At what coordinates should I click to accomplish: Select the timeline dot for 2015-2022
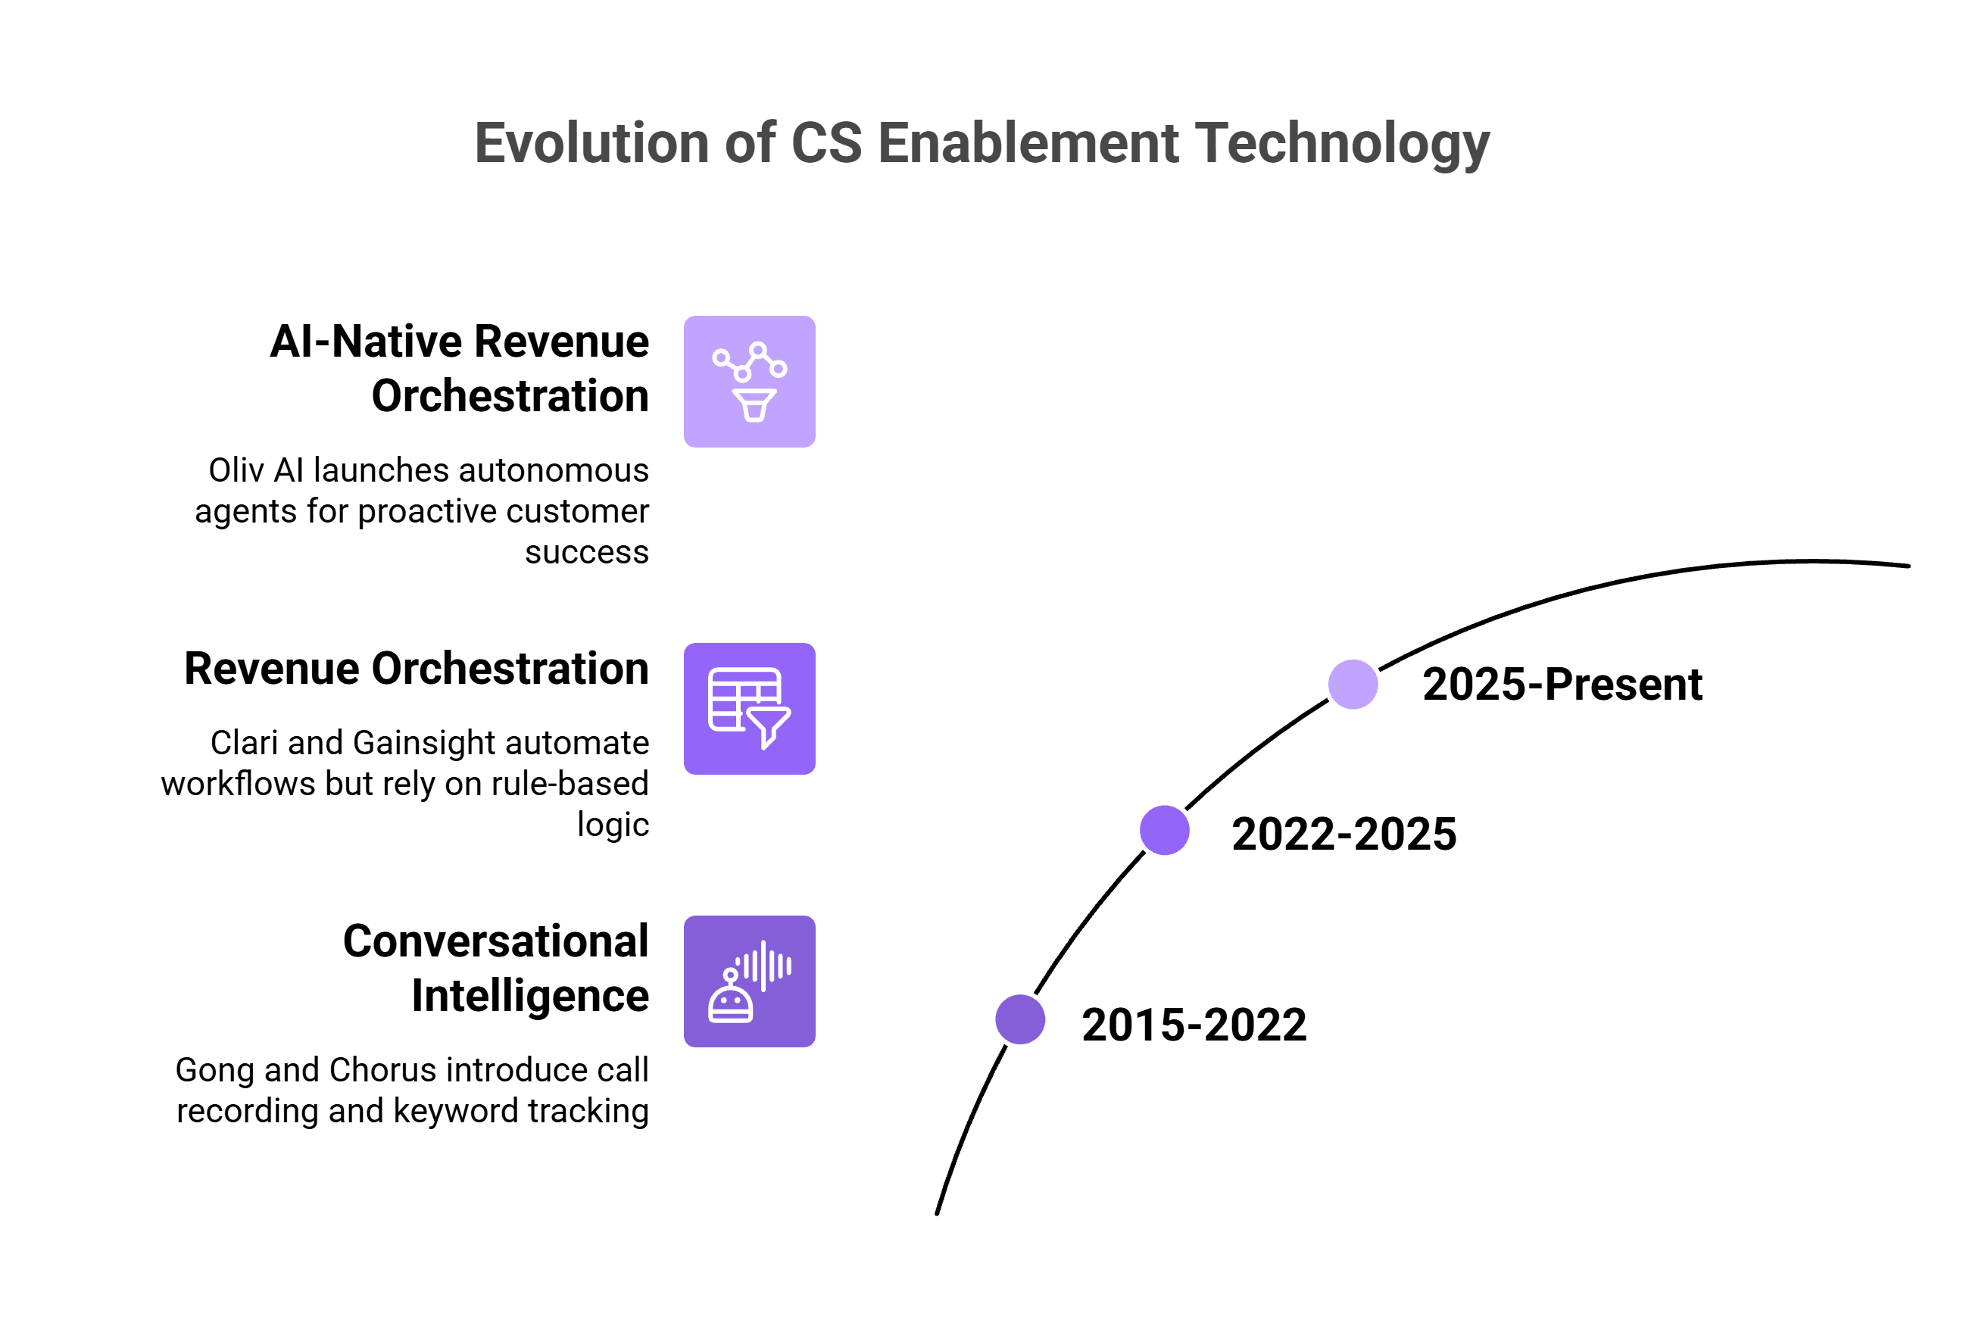tap(1020, 1019)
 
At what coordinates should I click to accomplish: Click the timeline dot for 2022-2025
tap(1164, 830)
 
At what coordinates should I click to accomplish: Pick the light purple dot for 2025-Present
tap(1353, 685)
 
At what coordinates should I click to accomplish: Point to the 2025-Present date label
tap(1562, 685)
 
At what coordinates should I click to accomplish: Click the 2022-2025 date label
tap(1344, 835)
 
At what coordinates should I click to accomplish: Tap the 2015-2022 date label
tap(1194, 1025)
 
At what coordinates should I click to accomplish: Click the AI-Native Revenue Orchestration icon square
tap(749, 382)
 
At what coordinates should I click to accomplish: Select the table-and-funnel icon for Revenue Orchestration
tap(749, 709)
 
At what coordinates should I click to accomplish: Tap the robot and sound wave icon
tap(749, 981)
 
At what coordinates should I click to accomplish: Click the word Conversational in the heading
tap(495, 941)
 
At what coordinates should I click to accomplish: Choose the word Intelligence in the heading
tap(530, 996)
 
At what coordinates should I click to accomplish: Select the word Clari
tap(244, 742)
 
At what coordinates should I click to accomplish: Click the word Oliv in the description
tap(237, 470)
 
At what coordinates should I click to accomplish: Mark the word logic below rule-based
tap(613, 825)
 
